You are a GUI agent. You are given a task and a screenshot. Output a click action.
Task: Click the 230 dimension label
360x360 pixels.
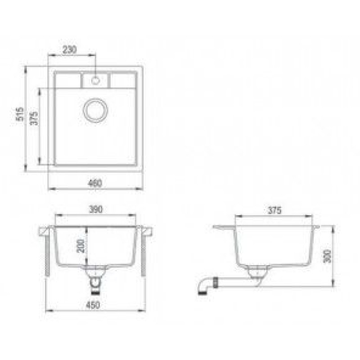(70, 49)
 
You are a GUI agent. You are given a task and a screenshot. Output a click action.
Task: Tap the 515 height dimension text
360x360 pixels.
(20, 114)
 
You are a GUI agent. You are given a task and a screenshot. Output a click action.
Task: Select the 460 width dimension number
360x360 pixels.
(94, 183)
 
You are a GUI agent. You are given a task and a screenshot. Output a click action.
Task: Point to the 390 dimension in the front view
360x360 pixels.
(95, 209)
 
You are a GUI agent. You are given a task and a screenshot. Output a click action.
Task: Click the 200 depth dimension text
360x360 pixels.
(81, 246)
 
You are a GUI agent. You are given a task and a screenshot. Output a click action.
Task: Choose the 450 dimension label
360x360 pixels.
(93, 305)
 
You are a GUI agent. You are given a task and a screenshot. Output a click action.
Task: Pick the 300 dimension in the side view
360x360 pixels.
(327, 256)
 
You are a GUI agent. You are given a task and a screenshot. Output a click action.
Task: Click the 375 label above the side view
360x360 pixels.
(274, 210)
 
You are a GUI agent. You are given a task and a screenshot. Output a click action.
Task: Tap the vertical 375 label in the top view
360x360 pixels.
(34, 118)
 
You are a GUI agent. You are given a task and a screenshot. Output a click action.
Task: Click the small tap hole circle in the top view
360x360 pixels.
(95, 81)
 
